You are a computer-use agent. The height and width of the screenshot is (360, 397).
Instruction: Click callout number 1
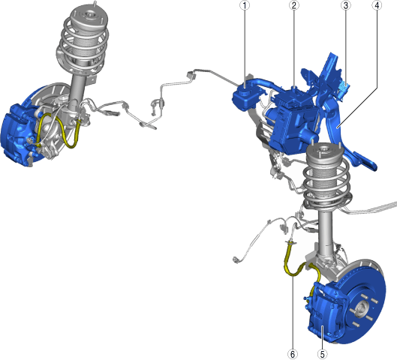click(245, 5)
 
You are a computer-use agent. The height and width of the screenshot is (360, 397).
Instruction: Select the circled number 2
click(293, 5)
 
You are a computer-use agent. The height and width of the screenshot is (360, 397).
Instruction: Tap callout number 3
click(346, 5)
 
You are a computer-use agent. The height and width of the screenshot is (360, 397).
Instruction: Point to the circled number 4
click(377, 5)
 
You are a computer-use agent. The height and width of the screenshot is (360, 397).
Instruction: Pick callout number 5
click(322, 354)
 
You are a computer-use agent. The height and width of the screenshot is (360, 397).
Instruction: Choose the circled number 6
click(293, 354)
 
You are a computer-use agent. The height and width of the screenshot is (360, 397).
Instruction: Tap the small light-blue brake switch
click(345, 88)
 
